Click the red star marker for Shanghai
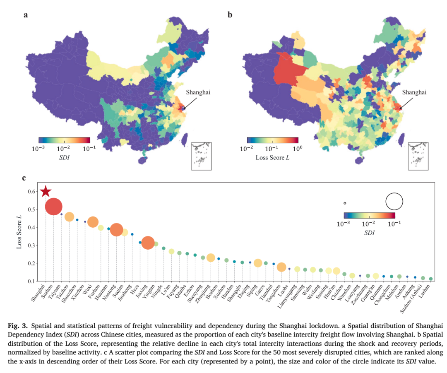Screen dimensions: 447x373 (x=46, y=191)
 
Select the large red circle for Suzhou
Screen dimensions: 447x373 (x=53, y=207)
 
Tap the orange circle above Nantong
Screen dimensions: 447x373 (x=116, y=230)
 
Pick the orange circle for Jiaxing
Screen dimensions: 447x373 (x=148, y=243)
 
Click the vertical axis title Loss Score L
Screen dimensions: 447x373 (x=19, y=231)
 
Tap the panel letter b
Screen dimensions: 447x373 (x=230, y=15)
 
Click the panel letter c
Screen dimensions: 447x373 (x=24, y=178)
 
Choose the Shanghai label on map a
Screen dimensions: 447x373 (x=198, y=92)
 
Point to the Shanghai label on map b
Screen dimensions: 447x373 (x=414, y=92)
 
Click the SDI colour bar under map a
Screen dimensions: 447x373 (x=65, y=140)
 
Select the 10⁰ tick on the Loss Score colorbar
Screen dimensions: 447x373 (x=297, y=148)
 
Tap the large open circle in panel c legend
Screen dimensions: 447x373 (x=394, y=201)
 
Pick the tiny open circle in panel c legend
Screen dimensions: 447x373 (x=345, y=203)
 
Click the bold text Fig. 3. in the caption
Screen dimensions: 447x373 (x=18, y=326)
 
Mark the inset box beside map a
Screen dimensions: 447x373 (x=201, y=156)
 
